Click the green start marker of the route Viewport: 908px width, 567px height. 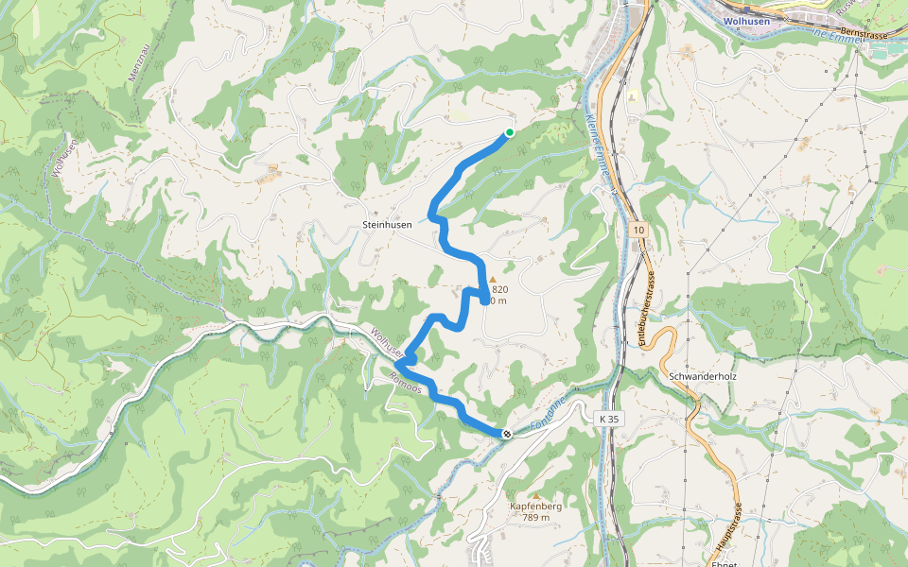[x=509, y=132]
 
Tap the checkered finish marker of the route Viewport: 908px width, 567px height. [x=507, y=434]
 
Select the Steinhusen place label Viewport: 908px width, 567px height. [x=387, y=226]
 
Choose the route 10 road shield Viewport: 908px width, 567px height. [x=639, y=230]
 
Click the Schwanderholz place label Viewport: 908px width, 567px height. [x=702, y=375]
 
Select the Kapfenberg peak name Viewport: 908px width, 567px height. [x=536, y=507]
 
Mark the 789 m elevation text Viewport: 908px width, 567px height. [x=536, y=517]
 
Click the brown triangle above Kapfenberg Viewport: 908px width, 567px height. [x=536, y=495]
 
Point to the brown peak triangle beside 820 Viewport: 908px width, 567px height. [x=492, y=279]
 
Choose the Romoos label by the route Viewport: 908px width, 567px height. [x=403, y=389]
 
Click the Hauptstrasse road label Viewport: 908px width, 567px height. [x=734, y=530]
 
